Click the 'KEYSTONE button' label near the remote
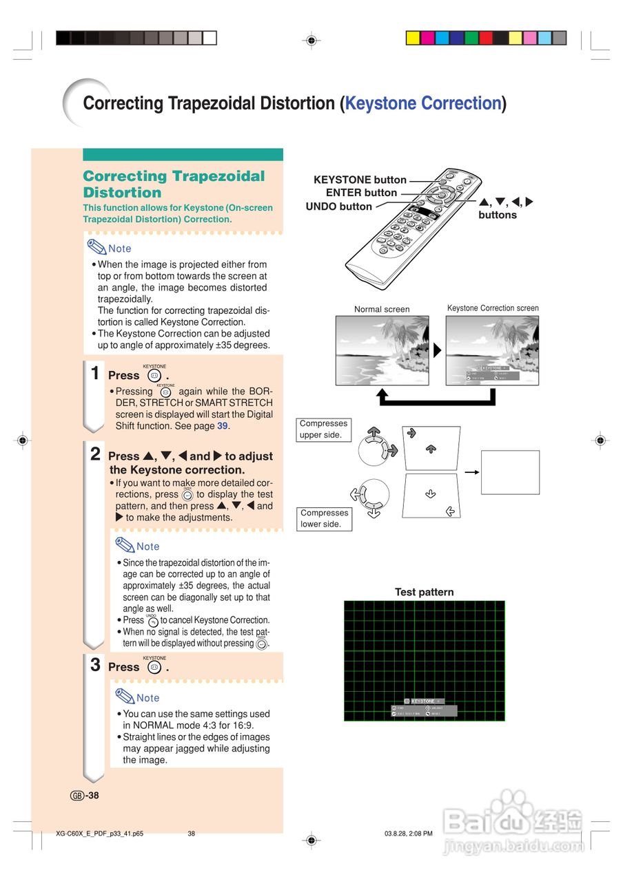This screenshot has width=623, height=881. tap(360, 180)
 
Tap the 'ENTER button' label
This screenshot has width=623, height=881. tap(361, 193)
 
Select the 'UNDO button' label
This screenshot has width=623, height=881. tap(338, 206)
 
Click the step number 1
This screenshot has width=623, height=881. tap(96, 374)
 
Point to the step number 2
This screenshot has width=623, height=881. tap(96, 454)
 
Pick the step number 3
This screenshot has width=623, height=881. tap(96, 665)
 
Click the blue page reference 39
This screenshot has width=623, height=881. tap(222, 426)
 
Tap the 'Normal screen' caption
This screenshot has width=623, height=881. tap(382, 309)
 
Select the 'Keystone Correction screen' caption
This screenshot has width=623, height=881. tap(493, 308)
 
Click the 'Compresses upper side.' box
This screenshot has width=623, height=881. tap(324, 429)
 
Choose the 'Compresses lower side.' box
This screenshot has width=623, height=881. tap(324, 518)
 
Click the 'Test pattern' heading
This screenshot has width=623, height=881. tap(424, 592)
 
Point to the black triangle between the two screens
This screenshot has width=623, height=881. tap(437, 350)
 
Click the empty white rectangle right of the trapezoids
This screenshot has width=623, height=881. tap(510, 472)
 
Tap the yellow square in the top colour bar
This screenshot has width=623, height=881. tap(413, 38)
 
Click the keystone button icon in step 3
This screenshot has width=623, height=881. tap(154, 667)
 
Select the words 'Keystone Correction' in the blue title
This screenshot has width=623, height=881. tap(423, 103)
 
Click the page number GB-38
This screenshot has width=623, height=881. tap(85, 796)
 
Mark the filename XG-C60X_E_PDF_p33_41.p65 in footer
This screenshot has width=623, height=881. tap(100, 834)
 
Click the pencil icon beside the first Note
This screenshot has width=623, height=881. tap(96, 247)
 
